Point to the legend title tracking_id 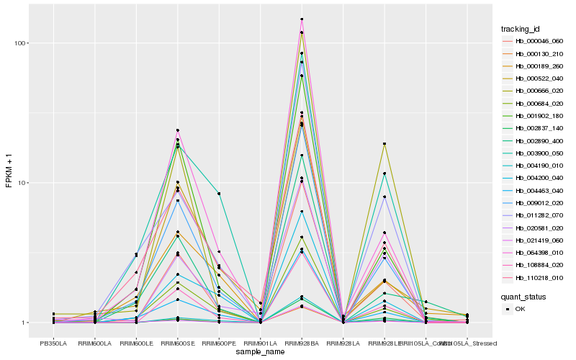[x=521, y=29]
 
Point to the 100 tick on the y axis [x=20, y=43]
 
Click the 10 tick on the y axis [x=22, y=183]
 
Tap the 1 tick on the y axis [x=24, y=323]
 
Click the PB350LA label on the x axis [x=53, y=343]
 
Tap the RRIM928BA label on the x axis [x=302, y=343]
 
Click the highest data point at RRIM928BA [x=302, y=19]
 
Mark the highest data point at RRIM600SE [x=177, y=130]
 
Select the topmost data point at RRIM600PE [x=219, y=194]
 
